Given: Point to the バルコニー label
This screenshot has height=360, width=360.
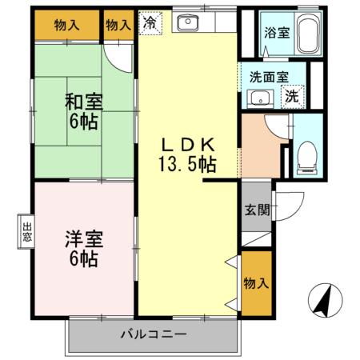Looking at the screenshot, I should coord(154,334).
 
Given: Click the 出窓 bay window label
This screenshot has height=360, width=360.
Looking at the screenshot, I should coord(26,231).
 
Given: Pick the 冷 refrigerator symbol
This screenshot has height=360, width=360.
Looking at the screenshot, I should coord(150,24).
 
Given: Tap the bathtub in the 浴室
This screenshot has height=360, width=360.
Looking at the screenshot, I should coord(307,34).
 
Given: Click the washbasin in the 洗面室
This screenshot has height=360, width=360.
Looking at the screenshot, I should coord(258,98).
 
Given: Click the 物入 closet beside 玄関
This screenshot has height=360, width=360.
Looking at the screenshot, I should coord(256,283).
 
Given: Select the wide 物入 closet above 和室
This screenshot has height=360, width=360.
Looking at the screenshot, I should coord(67,25).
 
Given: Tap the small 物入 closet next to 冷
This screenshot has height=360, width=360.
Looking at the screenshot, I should coord(118,25).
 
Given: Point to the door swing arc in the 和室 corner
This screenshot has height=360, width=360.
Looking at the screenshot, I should coord(120,56).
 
